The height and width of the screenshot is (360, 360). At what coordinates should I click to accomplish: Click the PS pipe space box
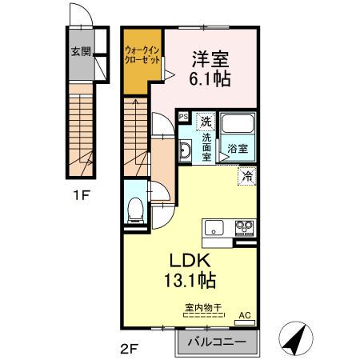(x=183, y=116)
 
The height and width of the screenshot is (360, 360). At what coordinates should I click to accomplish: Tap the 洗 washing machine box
(x=206, y=122)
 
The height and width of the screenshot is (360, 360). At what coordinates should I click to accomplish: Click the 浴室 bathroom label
(x=237, y=149)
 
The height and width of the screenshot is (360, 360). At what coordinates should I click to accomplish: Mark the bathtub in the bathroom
(x=237, y=126)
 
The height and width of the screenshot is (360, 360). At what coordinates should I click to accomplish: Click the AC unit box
(x=246, y=317)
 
